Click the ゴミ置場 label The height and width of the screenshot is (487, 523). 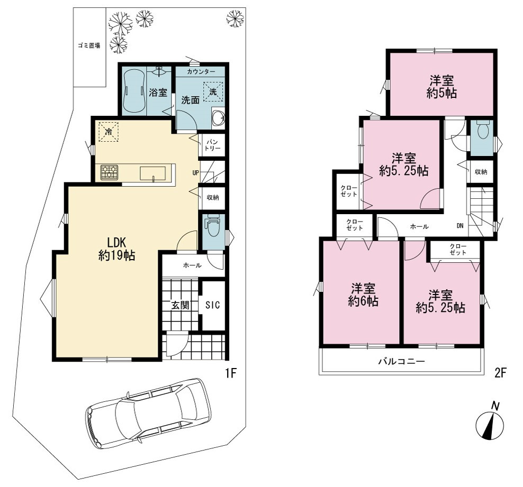tap(89, 45)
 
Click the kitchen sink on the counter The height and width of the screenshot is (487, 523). tap(153, 173)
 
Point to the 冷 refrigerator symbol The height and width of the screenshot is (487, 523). tap(108, 132)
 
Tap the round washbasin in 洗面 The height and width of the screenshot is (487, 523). tap(219, 117)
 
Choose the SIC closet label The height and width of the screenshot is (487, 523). tap(212, 305)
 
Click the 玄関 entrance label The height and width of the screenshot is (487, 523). tap(181, 305)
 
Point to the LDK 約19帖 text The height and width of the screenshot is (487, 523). tap(116, 249)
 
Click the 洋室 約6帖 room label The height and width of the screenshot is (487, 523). tap(363, 295)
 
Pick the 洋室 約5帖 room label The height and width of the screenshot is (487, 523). tap(441, 87)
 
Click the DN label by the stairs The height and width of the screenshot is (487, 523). tap(460, 226)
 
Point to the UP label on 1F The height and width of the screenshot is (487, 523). tap(196, 173)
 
